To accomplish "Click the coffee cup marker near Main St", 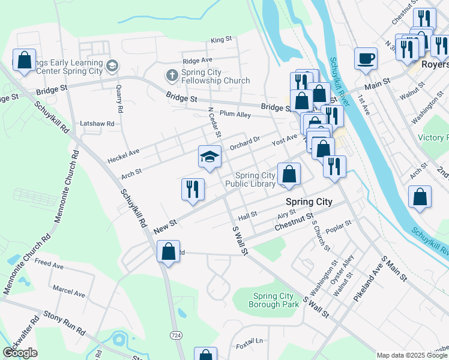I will coord(366,59).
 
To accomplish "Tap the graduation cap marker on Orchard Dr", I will coord(209,158).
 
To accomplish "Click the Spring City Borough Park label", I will coord(274,300).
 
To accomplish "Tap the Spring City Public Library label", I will coord(251,179).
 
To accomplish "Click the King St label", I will coord(221,40).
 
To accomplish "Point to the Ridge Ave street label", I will coord(197,61).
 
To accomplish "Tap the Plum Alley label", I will coord(235,113).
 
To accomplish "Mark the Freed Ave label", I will coord(49,263).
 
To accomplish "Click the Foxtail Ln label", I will coord(249,341).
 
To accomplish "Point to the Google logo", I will coord(20,353).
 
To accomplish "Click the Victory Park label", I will coord(433,137).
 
